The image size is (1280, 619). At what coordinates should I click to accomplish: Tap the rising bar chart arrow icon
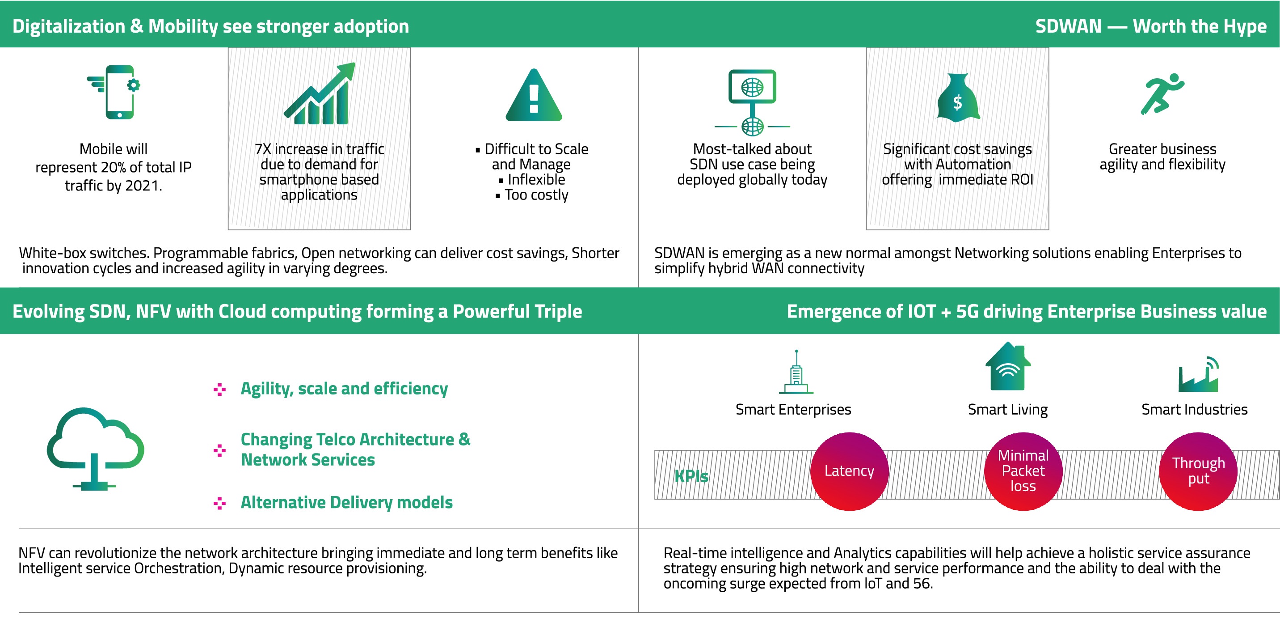pyautogui.click(x=320, y=93)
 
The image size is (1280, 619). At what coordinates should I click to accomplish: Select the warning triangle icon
pyautogui.click(x=534, y=95)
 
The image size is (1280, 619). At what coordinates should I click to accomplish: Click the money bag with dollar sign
pyautogui.click(x=957, y=98)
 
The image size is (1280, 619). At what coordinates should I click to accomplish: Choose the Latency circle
pyautogui.click(x=849, y=471)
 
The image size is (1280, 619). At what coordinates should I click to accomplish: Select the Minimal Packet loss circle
pyautogui.click(x=1023, y=471)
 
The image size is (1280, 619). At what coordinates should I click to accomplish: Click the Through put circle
pyautogui.click(x=1198, y=471)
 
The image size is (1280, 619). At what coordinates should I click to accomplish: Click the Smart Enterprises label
pyautogui.click(x=793, y=409)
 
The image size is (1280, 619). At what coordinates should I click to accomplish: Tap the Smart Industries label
pyautogui.click(x=1195, y=409)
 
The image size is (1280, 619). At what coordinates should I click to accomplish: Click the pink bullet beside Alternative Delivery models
pyautogui.click(x=219, y=503)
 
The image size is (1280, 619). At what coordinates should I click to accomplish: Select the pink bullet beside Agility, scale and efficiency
pyautogui.click(x=219, y=389)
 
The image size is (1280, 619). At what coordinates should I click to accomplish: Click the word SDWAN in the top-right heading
pyautogui.click(x=1068, y=26)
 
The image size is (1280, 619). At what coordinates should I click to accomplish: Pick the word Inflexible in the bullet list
pyautogui.click(x=536, y=179)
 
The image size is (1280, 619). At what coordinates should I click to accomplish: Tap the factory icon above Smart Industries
pyautogui.click(x=1198, y=374)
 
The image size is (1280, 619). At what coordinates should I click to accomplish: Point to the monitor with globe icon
pyautogui.click(x=752, y=102)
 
